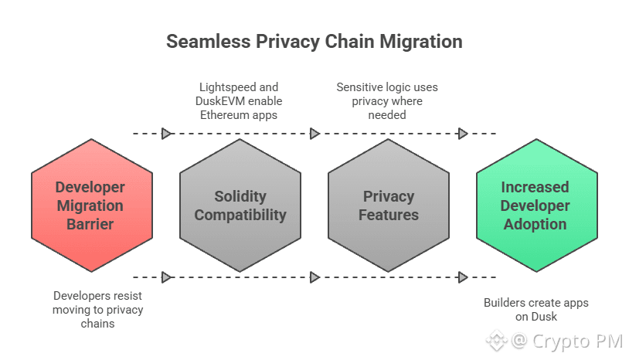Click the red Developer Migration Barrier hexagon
point(92,205)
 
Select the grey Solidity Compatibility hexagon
point(240,205)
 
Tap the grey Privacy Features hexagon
point(389,205)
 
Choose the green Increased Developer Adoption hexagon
point(537,205)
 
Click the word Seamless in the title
point(209,41)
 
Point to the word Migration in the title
point(421,42)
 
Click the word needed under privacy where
point(387,115)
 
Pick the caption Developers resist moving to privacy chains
point(97,310)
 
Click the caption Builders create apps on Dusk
point(536,310)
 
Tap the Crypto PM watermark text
point(567,341)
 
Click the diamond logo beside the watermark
point(497,341)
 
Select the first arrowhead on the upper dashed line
point(166,134)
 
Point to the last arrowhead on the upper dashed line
point(463,134)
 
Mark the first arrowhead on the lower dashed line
point(166,277)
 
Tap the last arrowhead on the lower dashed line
point(463,277)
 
